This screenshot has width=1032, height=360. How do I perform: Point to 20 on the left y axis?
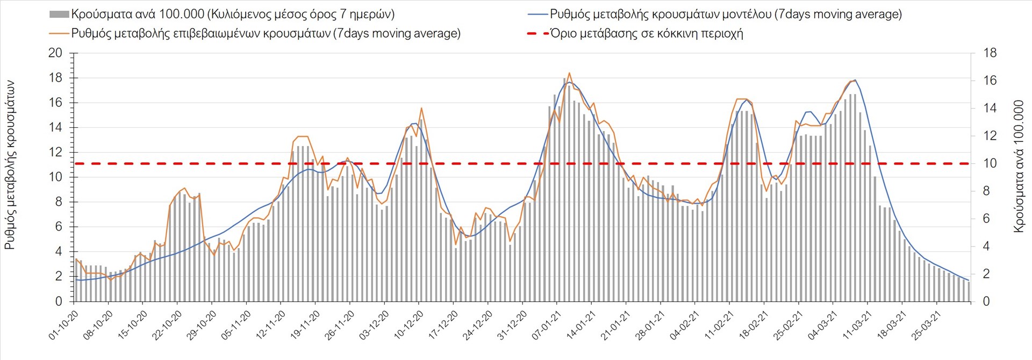click(x=55, y=53)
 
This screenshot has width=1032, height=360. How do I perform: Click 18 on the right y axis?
click(x=990, y=53)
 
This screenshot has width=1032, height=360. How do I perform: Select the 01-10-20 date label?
click(x=64, y=325)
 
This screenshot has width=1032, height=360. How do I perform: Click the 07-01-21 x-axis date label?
click(x=547, y=325)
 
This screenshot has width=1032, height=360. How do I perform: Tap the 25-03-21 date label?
click(x=926, y=325)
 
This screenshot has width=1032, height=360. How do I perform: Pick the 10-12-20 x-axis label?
click(x=408, y=325)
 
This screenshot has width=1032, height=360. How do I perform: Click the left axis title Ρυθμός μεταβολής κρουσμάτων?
click(x=10, y=165)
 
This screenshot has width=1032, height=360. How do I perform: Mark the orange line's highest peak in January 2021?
click(x=569, y=73)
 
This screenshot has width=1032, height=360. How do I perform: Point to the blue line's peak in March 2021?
click(x=855, y=80)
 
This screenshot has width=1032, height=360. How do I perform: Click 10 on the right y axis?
click(x=990, y=163)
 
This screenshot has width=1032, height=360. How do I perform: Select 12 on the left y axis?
click(x=55, y=153)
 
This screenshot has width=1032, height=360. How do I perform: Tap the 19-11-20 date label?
click(x=305, y=325)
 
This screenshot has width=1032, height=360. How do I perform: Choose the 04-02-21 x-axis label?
click(x=685, y=325)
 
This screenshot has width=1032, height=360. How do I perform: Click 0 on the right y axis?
click(x=986, y=301)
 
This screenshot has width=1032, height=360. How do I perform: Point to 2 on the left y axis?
click(x=59, y=277)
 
